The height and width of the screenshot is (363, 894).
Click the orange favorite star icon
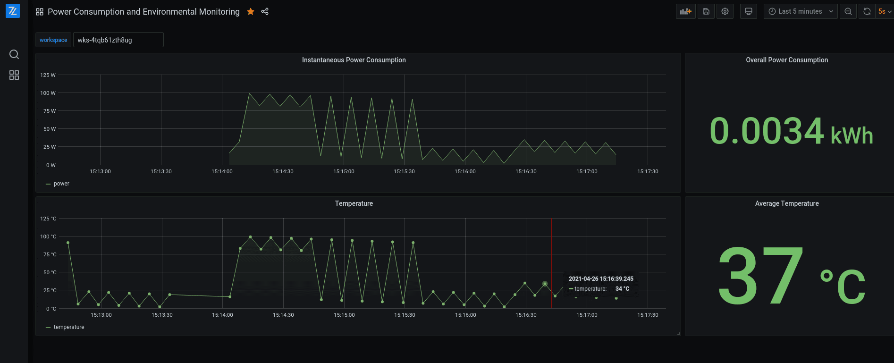point(251,11)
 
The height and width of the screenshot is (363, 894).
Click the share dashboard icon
point(265,11)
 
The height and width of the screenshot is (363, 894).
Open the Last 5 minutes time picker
point(800,11)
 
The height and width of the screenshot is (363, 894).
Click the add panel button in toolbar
point(685,11)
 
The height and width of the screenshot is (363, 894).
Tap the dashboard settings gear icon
point(725,11)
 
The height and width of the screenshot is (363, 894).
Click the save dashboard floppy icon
point(706,11)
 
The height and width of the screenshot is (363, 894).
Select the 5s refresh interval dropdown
point(885,11)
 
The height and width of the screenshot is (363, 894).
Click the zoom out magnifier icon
point(848,11)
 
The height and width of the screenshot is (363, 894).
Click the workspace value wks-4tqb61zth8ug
point(118,40)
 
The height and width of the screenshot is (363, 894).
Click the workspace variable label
point(53,40)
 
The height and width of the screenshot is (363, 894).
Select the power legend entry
point(61,184)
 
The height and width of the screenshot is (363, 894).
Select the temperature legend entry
point(68,327)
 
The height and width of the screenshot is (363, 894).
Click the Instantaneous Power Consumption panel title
point(354,60)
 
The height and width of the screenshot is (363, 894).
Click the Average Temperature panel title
point(786,203)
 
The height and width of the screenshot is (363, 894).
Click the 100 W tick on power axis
point(48,93)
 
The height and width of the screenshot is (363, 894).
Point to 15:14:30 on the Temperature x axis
point(283,315)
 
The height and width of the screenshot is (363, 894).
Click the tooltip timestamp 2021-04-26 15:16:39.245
point(600,279)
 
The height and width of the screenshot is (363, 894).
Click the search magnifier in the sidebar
point(14,54)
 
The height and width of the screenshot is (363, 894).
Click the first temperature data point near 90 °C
point(68,243)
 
